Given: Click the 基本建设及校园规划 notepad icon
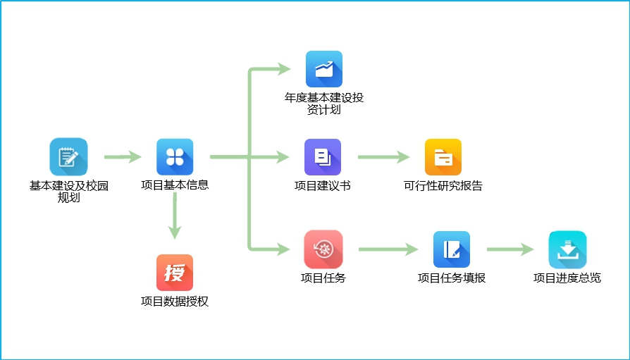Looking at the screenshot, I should coord(68,156).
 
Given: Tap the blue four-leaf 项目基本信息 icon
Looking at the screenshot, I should coord(175,156).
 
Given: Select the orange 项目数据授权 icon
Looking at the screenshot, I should coord(175,273).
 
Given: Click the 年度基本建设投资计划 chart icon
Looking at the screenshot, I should coord(323,69).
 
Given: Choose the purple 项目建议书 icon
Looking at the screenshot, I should coord(323,156).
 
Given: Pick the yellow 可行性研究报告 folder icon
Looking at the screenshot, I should coord(443,156).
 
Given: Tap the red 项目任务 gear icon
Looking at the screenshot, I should coord(323,249).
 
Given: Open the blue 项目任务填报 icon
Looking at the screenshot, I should coord(451,249).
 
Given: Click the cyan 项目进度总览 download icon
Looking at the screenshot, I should coord(567,249).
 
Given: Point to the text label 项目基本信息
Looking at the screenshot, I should coord(175,186).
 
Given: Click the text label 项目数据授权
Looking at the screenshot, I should coord(175,302).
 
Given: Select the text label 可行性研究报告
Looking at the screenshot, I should coord(443,186).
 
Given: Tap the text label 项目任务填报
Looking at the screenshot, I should coord(452,278).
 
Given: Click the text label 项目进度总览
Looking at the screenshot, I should coord(567,278).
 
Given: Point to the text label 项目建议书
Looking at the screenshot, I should coord(323,186).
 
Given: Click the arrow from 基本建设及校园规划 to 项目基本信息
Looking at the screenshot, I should coord(123,157).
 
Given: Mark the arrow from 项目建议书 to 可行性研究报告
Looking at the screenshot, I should coord(383,157).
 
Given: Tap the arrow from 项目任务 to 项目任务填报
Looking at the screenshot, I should coord(388,249).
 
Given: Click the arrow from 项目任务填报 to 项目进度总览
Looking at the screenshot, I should coord(509,249).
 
